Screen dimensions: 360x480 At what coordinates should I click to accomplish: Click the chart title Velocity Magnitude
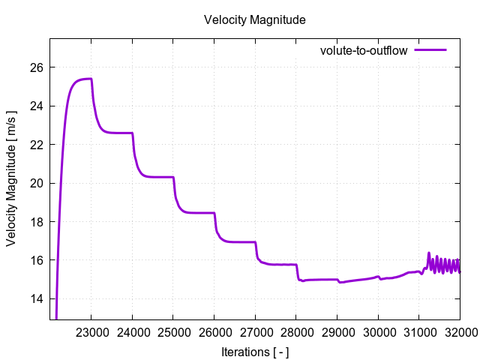pyautogui.click(x=254, y=20)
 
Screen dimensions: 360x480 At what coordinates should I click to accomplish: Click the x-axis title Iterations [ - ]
pyautogui.click(x=255, y=351)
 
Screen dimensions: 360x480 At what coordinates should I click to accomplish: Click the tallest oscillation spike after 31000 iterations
pyautogui.click(x=429, y=253)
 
